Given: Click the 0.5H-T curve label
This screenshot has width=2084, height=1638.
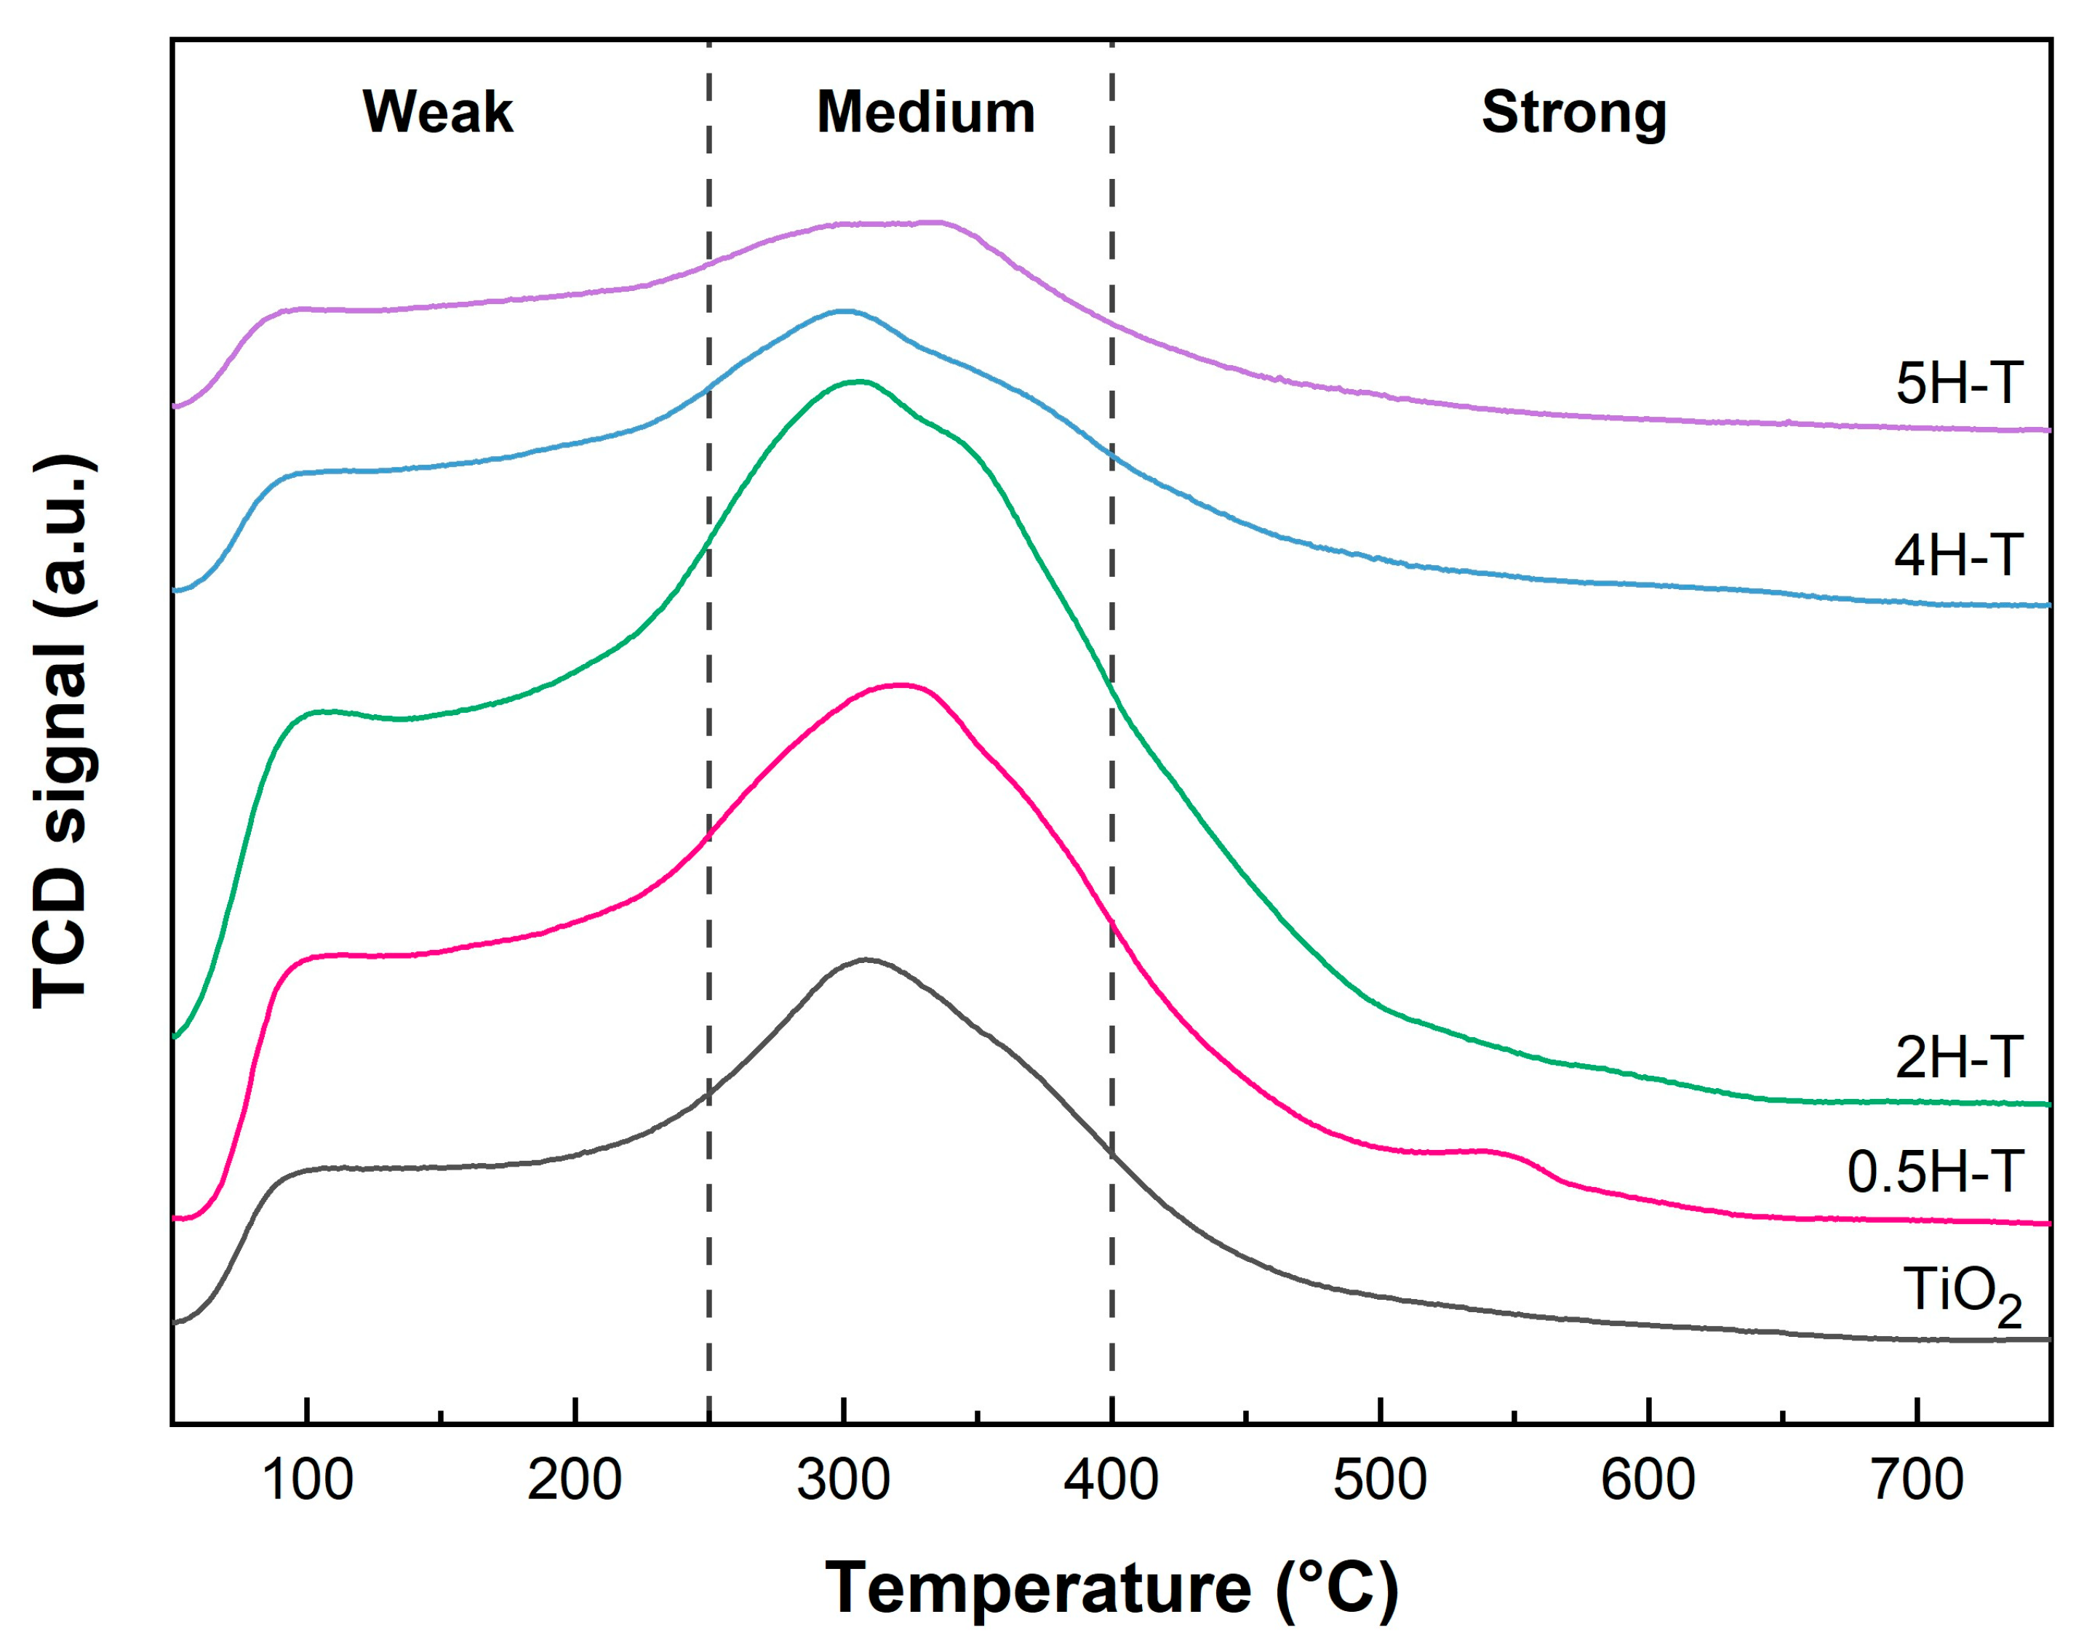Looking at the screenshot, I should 1936,1172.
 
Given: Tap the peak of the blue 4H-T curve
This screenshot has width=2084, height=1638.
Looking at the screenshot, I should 844,311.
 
